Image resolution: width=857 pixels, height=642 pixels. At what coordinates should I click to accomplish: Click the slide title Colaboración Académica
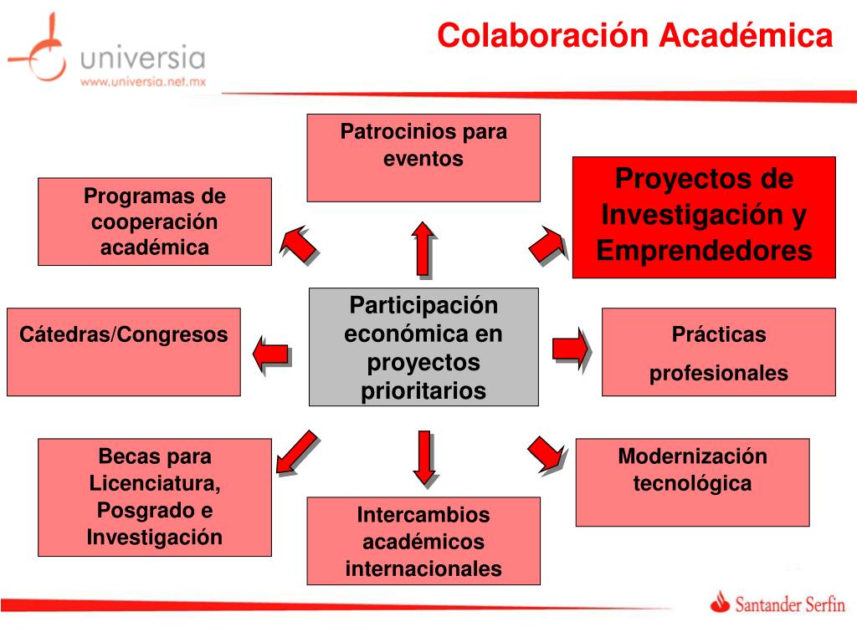click(x=635, y=35)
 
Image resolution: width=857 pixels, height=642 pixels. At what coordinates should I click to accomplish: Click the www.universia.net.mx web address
click(x=142, y=82)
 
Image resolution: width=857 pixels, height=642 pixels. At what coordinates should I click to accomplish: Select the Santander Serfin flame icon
click(x=720, y=602)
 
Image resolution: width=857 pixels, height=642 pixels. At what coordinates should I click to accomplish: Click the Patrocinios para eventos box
click(x=423, y=158)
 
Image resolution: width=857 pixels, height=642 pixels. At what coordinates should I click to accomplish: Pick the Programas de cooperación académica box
click(x=155, y=222)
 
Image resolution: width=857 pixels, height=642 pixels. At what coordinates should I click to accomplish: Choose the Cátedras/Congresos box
click(x=124, y=351)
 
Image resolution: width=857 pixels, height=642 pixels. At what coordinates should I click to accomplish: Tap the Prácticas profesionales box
click(x=719, y=351)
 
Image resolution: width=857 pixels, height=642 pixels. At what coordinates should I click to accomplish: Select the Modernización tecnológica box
click(x=692, y=481)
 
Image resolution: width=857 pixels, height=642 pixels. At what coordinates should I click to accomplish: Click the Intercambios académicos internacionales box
click(x=423, y=541)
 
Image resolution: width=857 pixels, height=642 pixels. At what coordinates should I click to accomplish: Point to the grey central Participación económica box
click(x=423, y=347)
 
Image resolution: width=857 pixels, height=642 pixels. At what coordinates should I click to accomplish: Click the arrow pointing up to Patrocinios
click(x=423, y=247)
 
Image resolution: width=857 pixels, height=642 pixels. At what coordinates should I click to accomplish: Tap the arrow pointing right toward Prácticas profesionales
click(x=571, y=346)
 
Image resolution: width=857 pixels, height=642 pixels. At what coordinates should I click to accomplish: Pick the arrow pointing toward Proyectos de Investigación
click(x=547, y=243)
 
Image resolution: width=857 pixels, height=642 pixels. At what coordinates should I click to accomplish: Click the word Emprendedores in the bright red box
click(x=705, y=251)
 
